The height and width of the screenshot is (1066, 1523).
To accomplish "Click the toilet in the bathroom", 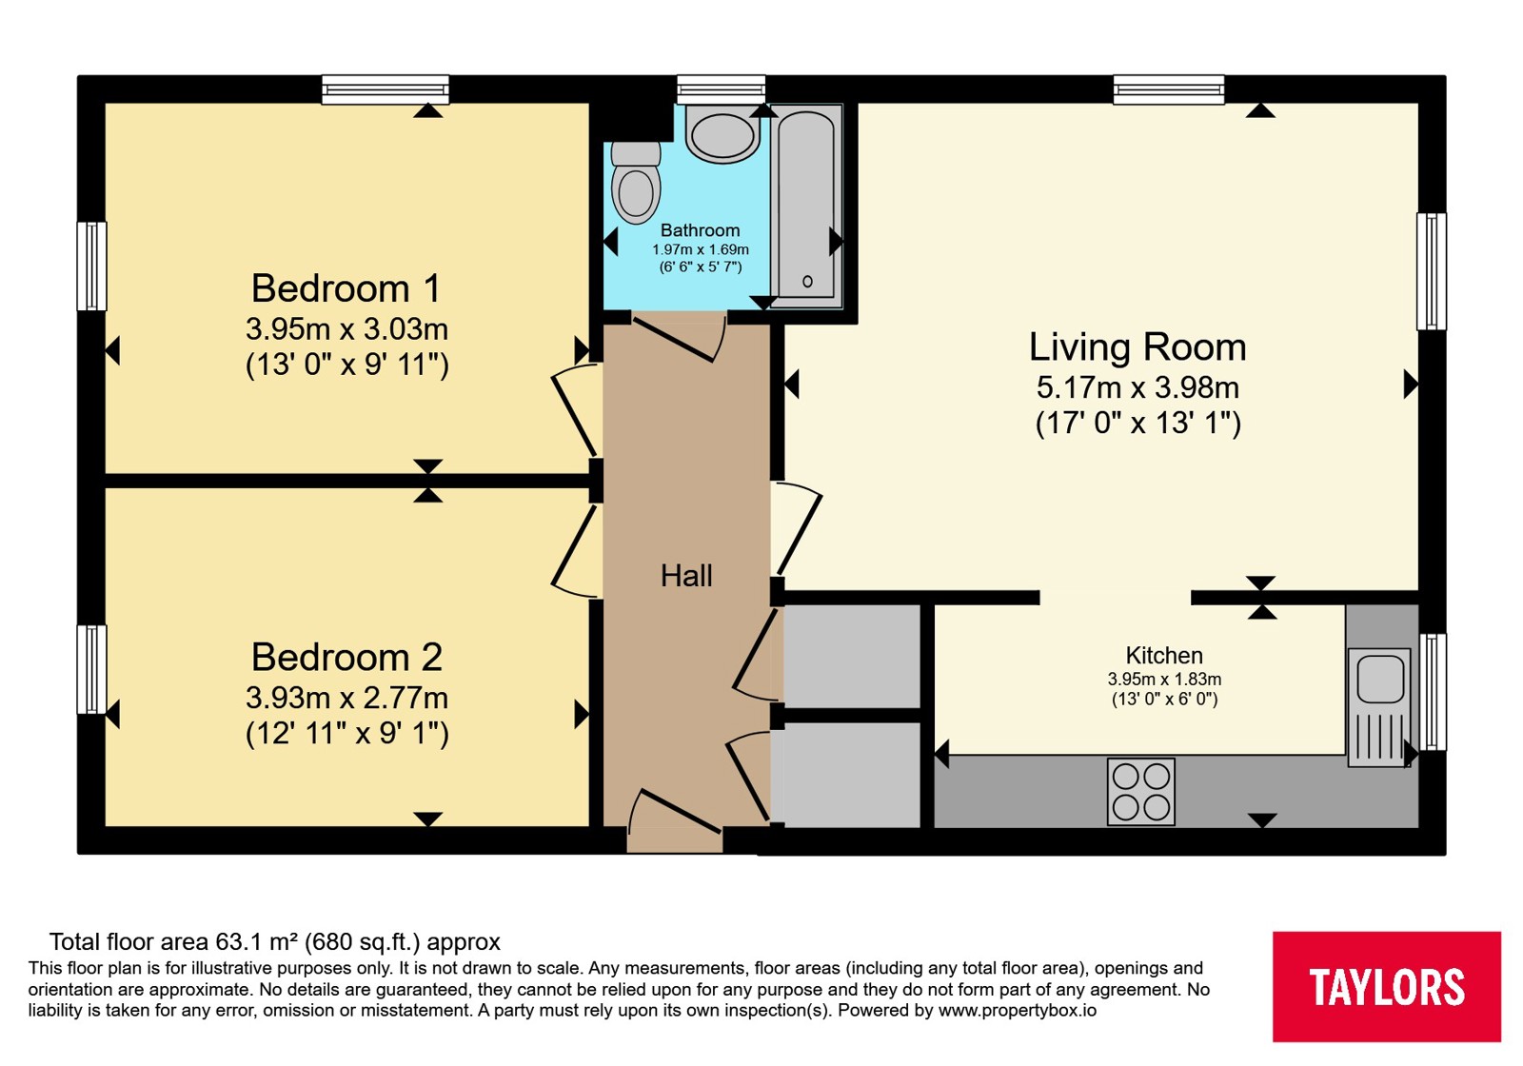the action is [x=636, y=182].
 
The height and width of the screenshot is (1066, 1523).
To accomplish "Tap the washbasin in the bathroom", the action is [x=722, y=134].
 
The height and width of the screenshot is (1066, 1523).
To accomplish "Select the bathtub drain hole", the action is [x=807, y=282].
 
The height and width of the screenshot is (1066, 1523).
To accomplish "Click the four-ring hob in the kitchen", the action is [x=1141, y=792].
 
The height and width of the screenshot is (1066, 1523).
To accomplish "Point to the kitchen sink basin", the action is [x=1380, y=677].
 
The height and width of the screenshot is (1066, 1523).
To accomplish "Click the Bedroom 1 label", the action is [x=346, y=288].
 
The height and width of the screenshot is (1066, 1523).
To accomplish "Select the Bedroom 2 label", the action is [x=346, y=658].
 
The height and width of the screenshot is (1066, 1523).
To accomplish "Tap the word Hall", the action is [x=686, y=576].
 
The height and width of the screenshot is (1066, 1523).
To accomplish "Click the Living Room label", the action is [x=1137, y=346].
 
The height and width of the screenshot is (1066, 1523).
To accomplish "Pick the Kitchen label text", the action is [x=1164, y=656].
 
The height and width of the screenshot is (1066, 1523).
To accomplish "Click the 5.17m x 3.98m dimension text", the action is [x=1137, y=387].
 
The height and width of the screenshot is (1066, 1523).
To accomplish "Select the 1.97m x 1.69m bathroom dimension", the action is [x=701, y=249].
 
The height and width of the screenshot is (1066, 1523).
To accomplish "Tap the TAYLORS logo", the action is [x=1386, y=987].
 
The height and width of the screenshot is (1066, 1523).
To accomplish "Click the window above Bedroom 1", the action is [x=385, y=89].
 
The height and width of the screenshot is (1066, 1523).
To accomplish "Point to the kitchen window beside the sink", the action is [x=1432, y=691].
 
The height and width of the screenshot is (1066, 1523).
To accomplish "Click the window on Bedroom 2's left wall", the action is [x=91, y=669].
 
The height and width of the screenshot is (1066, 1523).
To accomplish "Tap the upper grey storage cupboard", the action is [x=852, y=656].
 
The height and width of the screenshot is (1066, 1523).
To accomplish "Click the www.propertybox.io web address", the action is [x=1018, y=1010].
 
